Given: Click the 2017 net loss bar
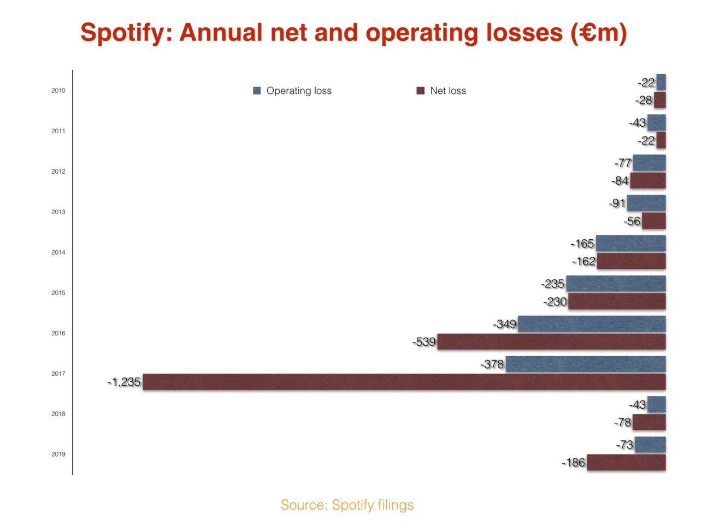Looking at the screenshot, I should point(404,382).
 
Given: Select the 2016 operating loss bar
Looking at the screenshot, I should point(592,324).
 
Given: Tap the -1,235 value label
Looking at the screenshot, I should point(124,382).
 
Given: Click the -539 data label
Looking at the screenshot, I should point(424,342).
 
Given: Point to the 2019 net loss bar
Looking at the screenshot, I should point(626,462).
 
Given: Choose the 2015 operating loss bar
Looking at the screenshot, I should point(616,284).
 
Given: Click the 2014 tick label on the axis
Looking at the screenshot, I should point(58,252).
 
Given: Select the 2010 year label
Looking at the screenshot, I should point(58,91).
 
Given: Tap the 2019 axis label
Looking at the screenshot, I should point(58,454).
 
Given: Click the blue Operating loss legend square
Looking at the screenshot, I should point(257,91).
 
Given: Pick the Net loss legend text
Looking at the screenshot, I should point(448,91).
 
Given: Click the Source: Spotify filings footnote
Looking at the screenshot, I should point(347,505).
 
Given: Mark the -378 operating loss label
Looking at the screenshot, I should point(492,364).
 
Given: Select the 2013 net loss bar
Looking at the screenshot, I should point(654,221).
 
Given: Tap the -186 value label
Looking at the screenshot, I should point(574,463).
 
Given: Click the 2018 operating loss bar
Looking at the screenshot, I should point(657,405).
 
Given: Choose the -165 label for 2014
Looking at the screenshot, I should point(582,244).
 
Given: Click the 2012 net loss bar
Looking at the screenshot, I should point(648,180).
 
